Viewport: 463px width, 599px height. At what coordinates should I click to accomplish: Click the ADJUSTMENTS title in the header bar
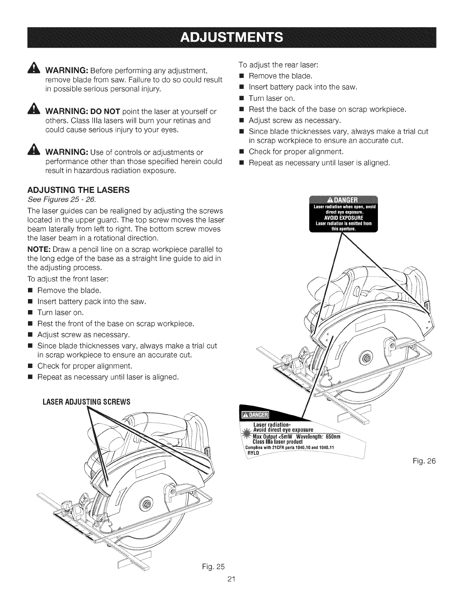[x=231, y=38]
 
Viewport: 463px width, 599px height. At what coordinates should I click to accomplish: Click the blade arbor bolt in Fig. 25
[x=144, y=503]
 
